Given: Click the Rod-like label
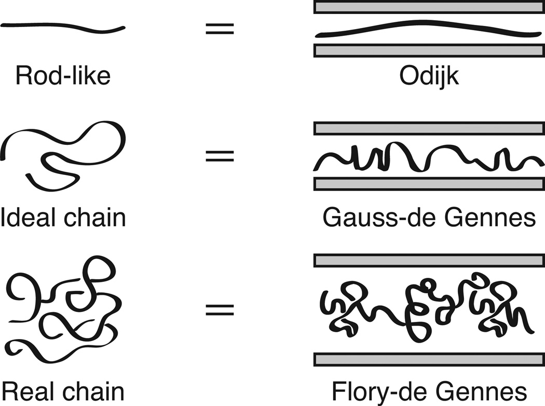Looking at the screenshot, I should click(63, 76).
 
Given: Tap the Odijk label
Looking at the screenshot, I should click(429, 76).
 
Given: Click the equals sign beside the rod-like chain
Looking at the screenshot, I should click(220, 29).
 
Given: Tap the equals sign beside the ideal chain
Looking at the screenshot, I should click(220, 155).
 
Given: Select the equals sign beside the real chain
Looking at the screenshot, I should click(220, 310).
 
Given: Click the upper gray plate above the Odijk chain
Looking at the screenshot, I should click(429, 7).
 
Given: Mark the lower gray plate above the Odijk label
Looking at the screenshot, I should click(429, 50).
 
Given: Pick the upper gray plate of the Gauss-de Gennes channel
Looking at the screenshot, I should click(429, 129).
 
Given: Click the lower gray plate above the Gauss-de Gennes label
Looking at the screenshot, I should click(429, 184).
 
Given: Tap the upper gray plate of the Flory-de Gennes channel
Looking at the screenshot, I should click(429, 260).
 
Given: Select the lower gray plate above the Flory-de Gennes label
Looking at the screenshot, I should click(429, 359).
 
